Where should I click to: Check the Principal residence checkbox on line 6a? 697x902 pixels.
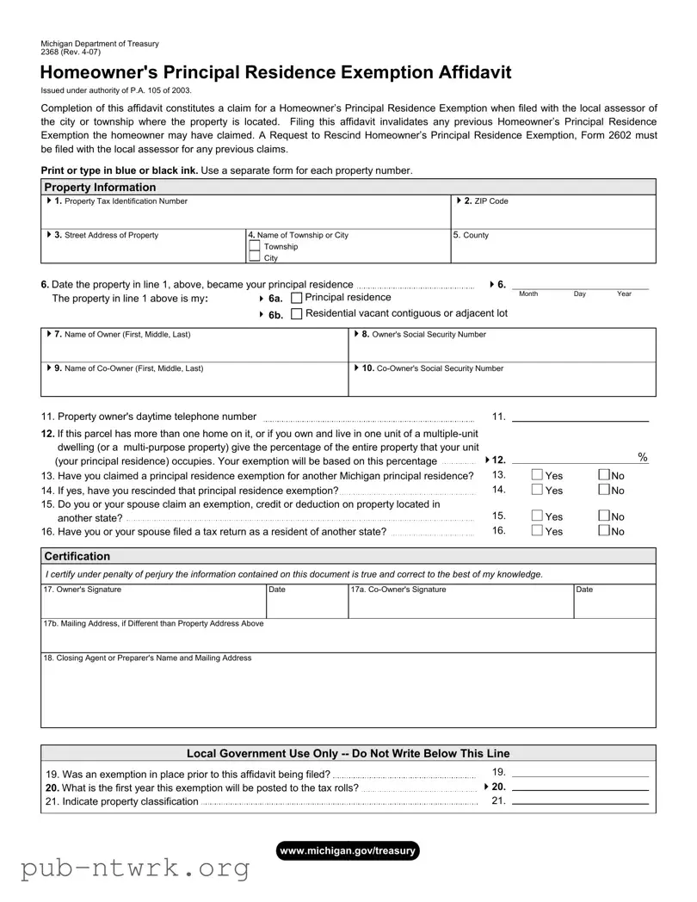[297, 298]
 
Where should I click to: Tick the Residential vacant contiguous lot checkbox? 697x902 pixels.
[297, 314]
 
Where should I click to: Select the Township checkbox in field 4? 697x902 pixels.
[254, 246]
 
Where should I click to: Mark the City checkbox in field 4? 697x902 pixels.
[254, 257]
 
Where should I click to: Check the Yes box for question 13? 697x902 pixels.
[537, 476]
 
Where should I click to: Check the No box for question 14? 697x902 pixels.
[603, 491]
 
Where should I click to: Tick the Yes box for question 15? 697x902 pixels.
[537, 516]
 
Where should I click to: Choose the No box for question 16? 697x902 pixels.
[603, 531]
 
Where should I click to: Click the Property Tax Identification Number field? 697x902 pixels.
[246, 212]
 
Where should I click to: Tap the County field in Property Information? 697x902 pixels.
[552, 246]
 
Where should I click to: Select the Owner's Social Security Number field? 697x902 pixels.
[502, 344]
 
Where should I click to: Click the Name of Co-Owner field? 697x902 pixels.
[194, 379]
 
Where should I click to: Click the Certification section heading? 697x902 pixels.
[77, 556]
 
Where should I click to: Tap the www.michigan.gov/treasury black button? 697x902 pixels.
[348, 850]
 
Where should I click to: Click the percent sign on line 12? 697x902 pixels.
[643, 457]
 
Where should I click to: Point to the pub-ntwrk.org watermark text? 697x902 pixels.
[135, 868]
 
